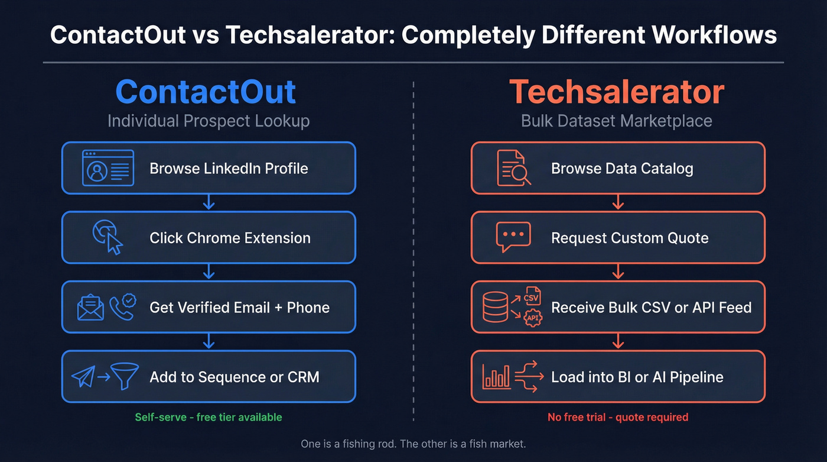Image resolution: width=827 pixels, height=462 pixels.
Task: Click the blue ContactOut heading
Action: pos(206,92)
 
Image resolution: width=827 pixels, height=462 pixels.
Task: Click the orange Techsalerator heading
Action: pos(617,92)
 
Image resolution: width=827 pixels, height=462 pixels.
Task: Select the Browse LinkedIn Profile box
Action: pos(209,168)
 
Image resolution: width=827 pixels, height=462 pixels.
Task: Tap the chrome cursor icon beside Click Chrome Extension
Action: pos(108,237)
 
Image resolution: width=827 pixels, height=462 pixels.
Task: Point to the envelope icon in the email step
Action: pos(90,308)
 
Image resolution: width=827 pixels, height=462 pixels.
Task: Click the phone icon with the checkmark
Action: pos(122,306)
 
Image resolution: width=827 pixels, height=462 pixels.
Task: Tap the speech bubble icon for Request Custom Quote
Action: pos(513,237)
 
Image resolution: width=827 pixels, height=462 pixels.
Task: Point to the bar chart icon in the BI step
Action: pos(496,376)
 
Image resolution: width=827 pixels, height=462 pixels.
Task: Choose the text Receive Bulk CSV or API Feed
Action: pos(651,308)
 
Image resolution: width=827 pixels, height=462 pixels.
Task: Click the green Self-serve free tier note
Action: pos(209,417)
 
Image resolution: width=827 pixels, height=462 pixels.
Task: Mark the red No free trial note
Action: pos(618,417)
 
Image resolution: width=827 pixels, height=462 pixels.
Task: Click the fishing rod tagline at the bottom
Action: pos(413,444)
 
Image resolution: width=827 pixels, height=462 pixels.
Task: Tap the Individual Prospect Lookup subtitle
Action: pos(209,121)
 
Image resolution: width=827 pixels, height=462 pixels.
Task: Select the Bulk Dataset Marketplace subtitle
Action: pos(617,121)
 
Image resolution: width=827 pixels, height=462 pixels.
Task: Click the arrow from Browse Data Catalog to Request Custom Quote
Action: pos(618,202)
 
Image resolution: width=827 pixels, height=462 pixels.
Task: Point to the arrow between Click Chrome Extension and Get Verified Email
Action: pos(209,272)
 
